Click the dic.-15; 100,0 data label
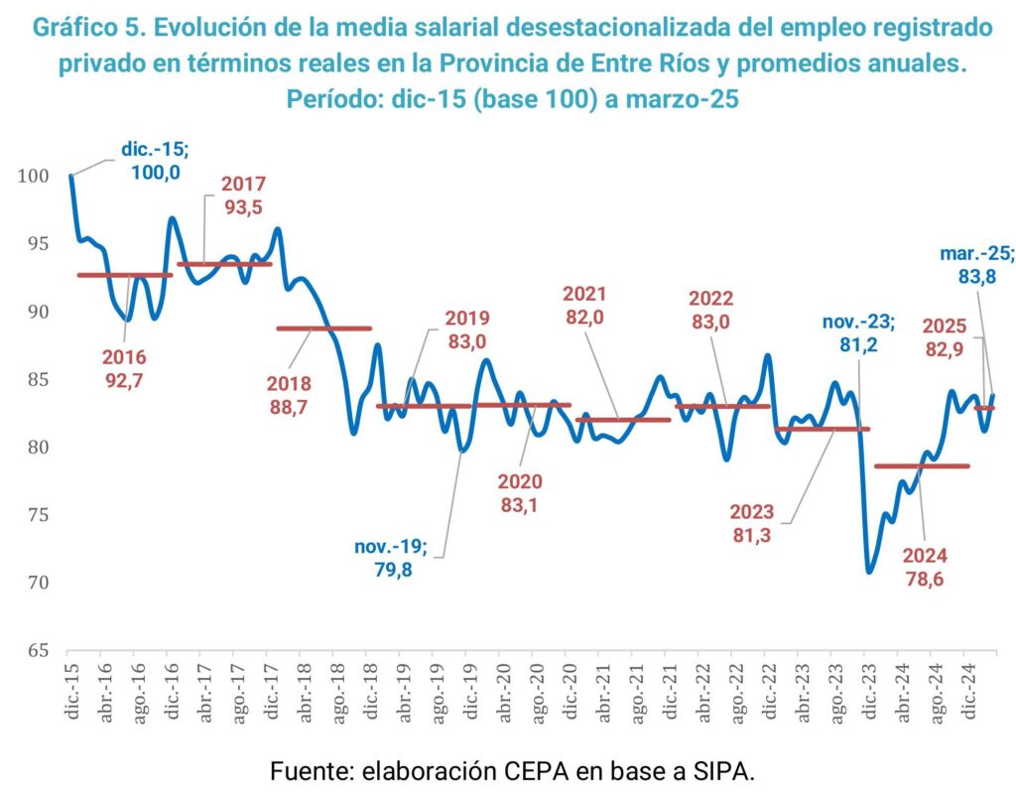pos(155,160)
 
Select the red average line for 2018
pos(323,328)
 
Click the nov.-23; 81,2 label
pos(858,331)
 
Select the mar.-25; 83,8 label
pos(977,265)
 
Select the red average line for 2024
pos(922,465)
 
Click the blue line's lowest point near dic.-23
pos(869,572)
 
